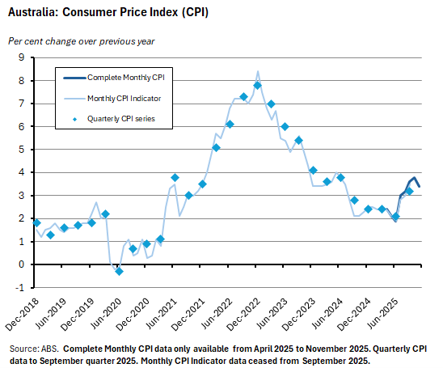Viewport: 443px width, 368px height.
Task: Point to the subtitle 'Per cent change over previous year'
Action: pyautogui.click(x=82, y=40)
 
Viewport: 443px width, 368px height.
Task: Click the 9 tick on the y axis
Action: pyautogui.click(x=23, y=57)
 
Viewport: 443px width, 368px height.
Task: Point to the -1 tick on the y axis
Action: pyautogui.click(x=21, y=287)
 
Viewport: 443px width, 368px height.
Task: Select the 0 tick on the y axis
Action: pyautogui.click(x=23, y=264)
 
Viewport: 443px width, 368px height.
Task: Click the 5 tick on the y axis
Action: pyautogui.click(x=23, y=150)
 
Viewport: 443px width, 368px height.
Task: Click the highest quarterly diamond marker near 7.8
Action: pyautogui.click(x=257, y=86)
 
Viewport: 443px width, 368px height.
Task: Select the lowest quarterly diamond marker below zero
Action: pyautogui.click(x=119, y=271)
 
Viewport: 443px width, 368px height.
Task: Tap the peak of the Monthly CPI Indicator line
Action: pyautogui.click(x=257, y=71)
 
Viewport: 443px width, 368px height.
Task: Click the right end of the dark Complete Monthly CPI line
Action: pyautogui.click(x=419, y=186)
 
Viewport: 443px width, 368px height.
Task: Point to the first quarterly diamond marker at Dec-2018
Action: pyautogui.click(x=36, y=222)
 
